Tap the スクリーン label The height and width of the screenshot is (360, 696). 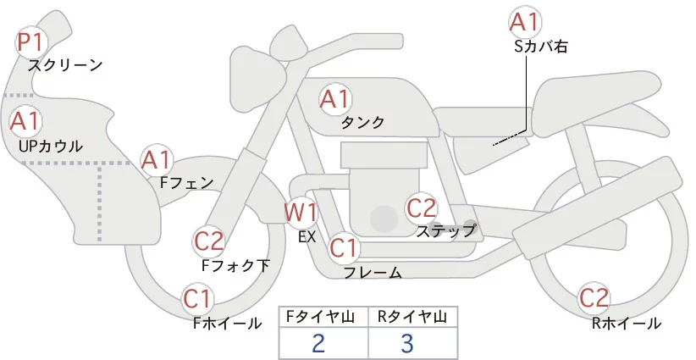pos(65,64)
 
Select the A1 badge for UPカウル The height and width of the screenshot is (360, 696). pos(25,121)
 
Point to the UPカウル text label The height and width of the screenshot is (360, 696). pos(51,146)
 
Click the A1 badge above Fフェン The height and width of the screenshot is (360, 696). pos(156,159)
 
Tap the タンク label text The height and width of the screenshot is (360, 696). pos(362,123)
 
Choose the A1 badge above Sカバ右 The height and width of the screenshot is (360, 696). pos(524,22)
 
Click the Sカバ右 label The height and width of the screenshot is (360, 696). pos(540,47)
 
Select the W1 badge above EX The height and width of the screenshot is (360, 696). pos(300,211)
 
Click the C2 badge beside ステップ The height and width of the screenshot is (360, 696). pos(421,207)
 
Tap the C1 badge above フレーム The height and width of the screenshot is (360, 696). pos(345,248)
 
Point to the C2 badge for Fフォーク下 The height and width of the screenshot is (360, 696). pos(209,241)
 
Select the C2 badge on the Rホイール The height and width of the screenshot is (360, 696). pos(594,298)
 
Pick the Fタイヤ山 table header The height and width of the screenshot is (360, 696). pos(323,317)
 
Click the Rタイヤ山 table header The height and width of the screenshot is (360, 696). pos(412,317)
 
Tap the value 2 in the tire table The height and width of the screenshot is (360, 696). pos(318,343)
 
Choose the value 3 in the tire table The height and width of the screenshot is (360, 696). pos(407,343)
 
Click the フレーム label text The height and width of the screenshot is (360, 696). pos(373,273)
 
